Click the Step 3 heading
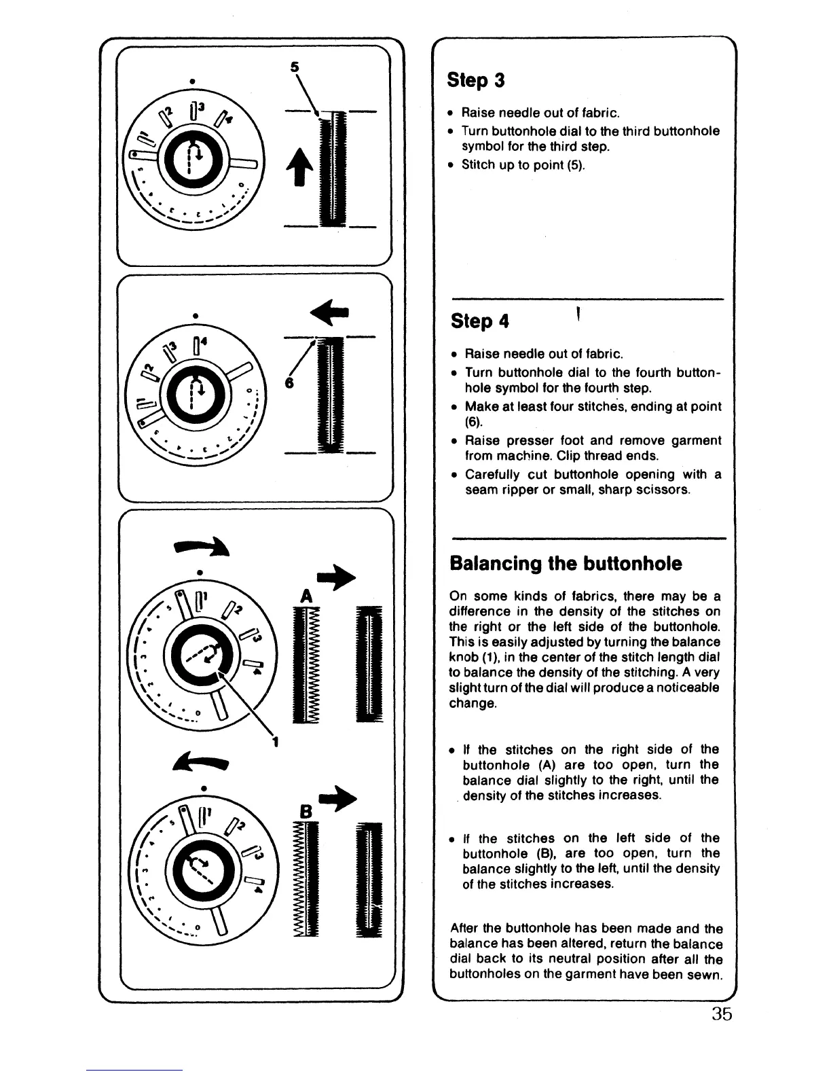click(x=476, y=80)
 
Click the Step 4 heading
click(x=480, y=321)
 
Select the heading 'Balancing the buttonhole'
click(x=566, y=564)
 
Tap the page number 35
click(x=722, y=1014)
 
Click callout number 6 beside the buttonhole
click(x=289, y=383)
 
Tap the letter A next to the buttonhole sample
click(x=306, y=596)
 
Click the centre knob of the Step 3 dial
click(x=192, y=164)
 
